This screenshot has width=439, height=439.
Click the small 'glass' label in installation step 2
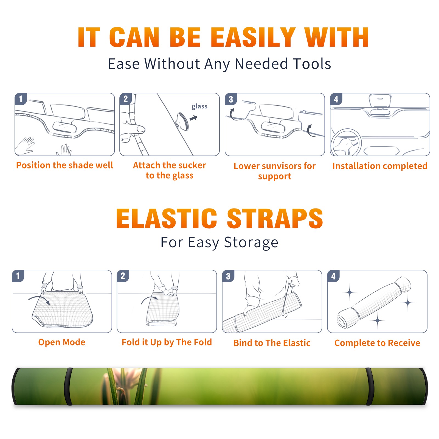(199, 106)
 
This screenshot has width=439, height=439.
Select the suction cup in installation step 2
(182, 121)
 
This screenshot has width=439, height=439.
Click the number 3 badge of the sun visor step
(231, 99)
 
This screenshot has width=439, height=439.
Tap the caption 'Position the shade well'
(64, 165)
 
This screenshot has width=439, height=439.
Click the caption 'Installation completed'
(380, 166)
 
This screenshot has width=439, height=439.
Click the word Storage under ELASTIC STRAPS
(251, 243)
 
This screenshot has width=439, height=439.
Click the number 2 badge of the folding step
(123, 276)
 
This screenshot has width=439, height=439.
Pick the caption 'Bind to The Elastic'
(272, 343)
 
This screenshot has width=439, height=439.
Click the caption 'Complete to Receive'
(377, 343)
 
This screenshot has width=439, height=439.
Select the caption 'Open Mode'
(62, 342)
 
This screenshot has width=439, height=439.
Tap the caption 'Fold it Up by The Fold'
(167, 342)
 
